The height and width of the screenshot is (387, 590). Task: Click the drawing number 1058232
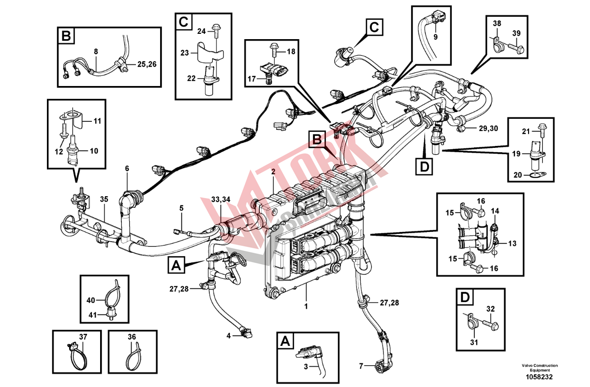click(540, 377)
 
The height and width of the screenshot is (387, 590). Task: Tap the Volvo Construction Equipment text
click(540, 368)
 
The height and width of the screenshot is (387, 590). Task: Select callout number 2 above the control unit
click(273, 172)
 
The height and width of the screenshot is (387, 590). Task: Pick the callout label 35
click(104, 199)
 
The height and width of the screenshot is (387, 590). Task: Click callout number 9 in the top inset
click(435, 37)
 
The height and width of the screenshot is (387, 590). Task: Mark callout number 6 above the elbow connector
click(127, 169)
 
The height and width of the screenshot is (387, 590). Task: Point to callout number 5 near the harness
click(182, 208)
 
